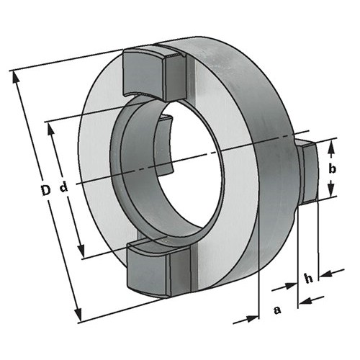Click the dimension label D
pos(45,190)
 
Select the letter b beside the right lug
pos(333,169)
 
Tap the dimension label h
pos(309,278)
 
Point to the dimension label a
pos(277,310)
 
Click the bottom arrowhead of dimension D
pos(78,315)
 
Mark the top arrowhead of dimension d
pos(50,130)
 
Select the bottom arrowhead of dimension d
pos(81,250)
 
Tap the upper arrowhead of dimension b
pos(331,147)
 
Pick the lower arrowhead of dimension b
pos(331,189)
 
